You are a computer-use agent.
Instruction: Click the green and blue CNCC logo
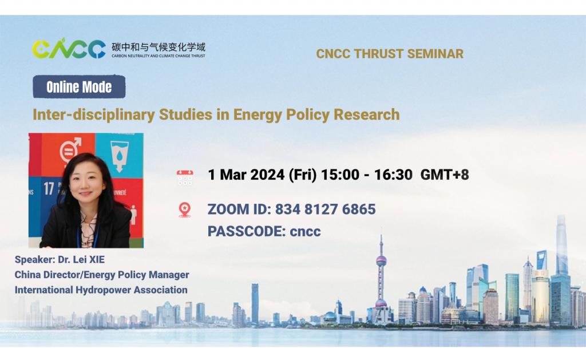click(69, 49)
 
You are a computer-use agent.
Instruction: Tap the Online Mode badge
click(79, 88)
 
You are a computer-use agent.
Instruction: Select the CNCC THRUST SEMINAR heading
click(390, 54)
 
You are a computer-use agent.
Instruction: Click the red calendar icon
click(185, 177)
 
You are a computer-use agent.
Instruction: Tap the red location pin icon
click(184, 209)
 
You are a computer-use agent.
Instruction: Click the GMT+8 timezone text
click(445, 175)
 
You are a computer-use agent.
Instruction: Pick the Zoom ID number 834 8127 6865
click(325, 209)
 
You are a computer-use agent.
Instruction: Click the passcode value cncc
click(305, 232)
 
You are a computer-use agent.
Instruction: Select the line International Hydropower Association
click(101, 290)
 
